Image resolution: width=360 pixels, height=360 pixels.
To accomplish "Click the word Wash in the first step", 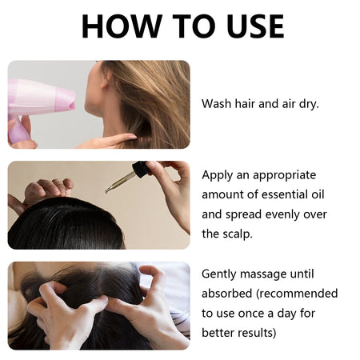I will [217, 104].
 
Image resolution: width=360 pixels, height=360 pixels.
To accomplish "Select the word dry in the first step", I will [306, 104].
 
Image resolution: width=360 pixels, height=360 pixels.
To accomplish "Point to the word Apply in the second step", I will [218, 174].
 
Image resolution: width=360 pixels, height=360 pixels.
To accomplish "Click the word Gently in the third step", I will [221, 274].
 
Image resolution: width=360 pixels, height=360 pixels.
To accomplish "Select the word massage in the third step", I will [271, 274].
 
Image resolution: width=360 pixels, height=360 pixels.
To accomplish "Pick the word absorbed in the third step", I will [228, 294].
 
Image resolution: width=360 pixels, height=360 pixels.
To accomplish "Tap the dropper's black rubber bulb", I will [141, 170].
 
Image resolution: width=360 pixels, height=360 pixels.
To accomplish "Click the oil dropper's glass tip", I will [110, 189].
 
